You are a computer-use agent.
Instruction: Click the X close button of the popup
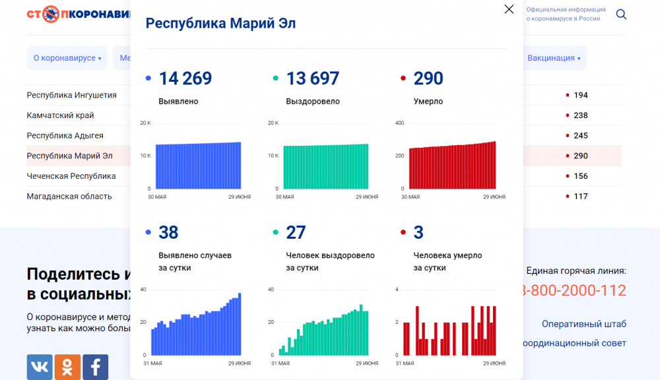pyautogui.click(x=509, y=9)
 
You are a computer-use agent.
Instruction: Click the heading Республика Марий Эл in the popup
pyautogui.click(x=220, y=24)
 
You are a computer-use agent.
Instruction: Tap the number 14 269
pyautogui.click(x=185, y=79)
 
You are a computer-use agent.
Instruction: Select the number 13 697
pyautogui.click(x=312, y=79)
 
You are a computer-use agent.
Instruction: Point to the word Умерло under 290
pyautogui.click(x=428, y=102)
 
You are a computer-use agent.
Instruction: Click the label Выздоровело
pyautogui.click(x=313, y=102)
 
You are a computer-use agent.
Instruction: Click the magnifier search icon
pyautogui.click(x=621, y=14)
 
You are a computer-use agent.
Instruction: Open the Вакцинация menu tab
pyautogui.click(x=554, y=58)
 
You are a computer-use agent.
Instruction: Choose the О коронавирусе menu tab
pyautogui.click(x=67, y=58)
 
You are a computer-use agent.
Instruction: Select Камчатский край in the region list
pyautogui.click(x=60, y=115)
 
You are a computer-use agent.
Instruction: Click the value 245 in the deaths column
pyautogui.click(x=580, y=136)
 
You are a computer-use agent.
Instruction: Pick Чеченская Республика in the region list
pyautogui.click(x=71, y=176)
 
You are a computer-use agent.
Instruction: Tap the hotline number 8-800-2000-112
pyautogui.click(x=574, y=290)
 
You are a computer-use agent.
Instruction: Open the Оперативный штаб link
pyautogui.click(x=583, y=324)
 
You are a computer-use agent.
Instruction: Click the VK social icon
pyautogui.click(x=40, y=367)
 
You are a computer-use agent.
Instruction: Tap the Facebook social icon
pyautogui.click(x=96, y=367)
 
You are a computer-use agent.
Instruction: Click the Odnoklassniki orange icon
pyautogui.click(x=67, y=367)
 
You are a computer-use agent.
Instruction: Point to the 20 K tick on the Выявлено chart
pyautogui.click(x=145, y=123)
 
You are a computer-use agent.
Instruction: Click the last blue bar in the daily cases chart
pyautogui.click(x=240, y=324)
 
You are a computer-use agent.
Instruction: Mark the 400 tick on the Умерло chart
pyautogui.click(x=399, y=123)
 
